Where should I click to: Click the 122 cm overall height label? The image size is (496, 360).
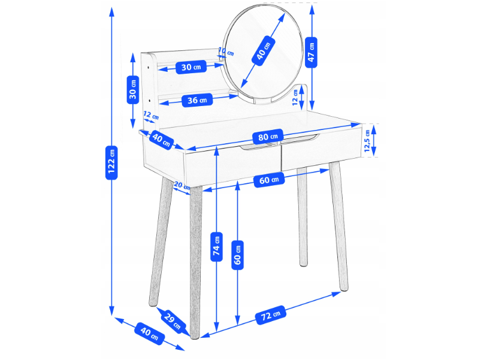tap(111, 162)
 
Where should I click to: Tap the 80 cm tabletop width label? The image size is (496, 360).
tap(268, 137)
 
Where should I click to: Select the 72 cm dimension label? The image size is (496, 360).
tap(270, 314)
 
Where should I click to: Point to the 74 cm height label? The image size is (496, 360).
tap(216, 247)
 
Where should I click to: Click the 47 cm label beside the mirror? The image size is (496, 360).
tap(311, 52)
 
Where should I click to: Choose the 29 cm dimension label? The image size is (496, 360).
tap(173, 322)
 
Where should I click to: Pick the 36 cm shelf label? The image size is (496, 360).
tap(197, 101)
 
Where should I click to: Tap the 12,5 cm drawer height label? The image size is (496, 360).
tap(367, 141)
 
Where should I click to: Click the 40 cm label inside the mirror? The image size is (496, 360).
tap(264, 51)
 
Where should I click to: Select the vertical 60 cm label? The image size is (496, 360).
tap(237, 255)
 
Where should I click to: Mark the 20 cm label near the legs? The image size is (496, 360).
tap(182, 186)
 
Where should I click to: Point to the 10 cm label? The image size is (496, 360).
tap(226, 52)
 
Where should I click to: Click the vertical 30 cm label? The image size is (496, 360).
tap(133, 89)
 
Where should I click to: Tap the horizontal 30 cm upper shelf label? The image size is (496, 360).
tap(191, 67)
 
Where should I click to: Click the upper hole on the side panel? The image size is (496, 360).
tap(149, 67)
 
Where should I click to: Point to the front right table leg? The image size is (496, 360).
tap(338, 226)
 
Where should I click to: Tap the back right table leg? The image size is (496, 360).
tap(303, 217)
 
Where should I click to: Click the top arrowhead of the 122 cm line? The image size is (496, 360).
tap(111, 11)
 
